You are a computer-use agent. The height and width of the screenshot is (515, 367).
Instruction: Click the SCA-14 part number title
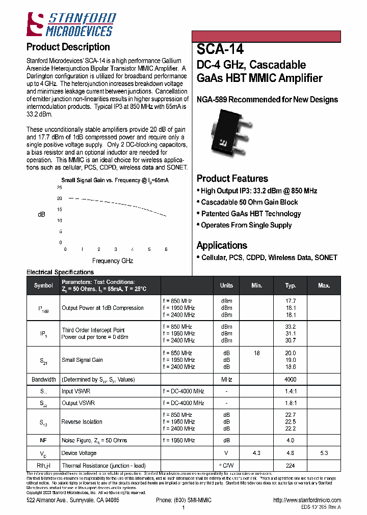click(x=220, y=49)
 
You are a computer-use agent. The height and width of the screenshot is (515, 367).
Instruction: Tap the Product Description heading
click(x=68, y=47)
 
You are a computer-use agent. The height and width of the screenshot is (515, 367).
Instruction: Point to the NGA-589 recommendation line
click(x=267, y=100)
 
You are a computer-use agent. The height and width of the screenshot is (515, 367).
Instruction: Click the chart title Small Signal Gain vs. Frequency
click(x=115, y=180)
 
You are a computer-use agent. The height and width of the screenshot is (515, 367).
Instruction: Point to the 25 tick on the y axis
click(x=59, y=187)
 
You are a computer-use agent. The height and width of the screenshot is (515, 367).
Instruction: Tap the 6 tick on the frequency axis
click(x=166, y=249)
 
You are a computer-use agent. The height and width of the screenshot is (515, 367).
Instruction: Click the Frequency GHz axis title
click(x=113, y=261)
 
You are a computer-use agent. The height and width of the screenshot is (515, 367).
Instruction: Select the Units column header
click(x=226, y=285)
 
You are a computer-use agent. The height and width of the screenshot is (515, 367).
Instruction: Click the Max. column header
click(x=324, y=285)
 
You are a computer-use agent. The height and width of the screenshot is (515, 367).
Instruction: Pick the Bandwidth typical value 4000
click(x=291, y=380)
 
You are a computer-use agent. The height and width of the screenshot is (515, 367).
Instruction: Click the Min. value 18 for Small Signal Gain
click(x=257, y=353)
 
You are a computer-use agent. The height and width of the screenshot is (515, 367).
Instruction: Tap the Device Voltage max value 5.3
click(x=324, y=453)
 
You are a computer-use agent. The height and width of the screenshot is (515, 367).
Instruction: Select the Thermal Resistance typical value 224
click(x=291, y=466)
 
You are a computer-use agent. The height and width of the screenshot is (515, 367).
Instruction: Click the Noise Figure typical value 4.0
click(x=291, y=440)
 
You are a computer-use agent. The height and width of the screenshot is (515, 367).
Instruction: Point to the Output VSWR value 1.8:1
click(x=291, y=403)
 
